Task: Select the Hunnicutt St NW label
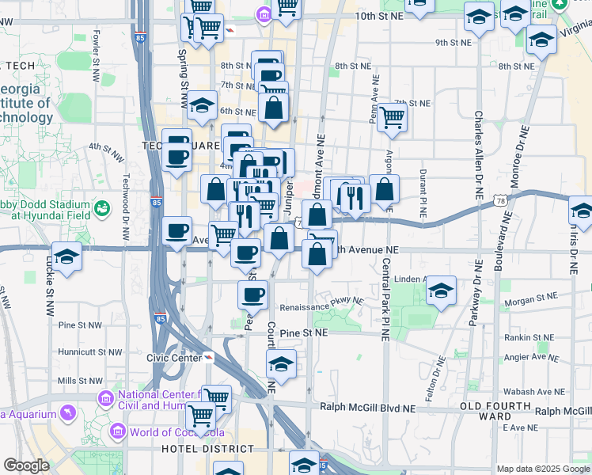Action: pyautogui.click(x=90, y=352)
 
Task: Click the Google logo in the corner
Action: pyautogui.click(x=26, y=465)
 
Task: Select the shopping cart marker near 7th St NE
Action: pyautogui.click(x=392, y=117)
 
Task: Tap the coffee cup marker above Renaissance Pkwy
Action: pyautogui.click(x=252, y=294)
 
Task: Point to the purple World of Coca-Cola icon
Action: pyautogui.click(x=118, y=431)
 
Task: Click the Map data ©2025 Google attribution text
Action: pyautogui.click(x=542, y=468)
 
